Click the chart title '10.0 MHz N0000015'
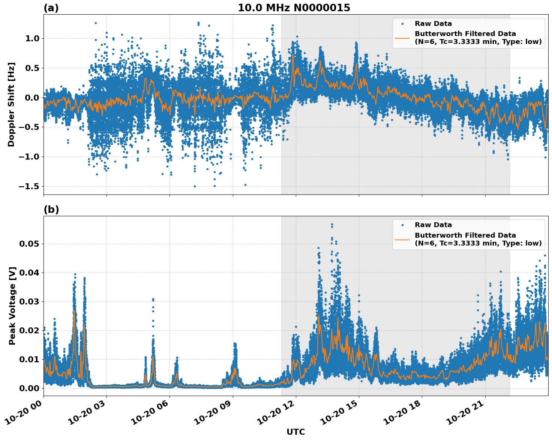tap(294, 8)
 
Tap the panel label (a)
tap(51, 8)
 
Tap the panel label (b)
tap(51, 209)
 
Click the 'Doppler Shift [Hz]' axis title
tap(11, 104)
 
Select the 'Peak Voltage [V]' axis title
tap(12, 306)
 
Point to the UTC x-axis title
tap(295, 432)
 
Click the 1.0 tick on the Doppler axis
tap(31, 39)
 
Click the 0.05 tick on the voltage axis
tap(29, 244)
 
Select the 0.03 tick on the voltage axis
tap(29, 302)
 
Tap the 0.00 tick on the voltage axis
tap(29, 389)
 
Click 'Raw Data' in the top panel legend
tap(433, 24)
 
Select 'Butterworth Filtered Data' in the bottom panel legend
tap(465, 235)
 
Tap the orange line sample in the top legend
tap(402, 38)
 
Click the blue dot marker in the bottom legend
tap(402, 225)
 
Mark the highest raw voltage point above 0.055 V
tap(332, 225)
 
